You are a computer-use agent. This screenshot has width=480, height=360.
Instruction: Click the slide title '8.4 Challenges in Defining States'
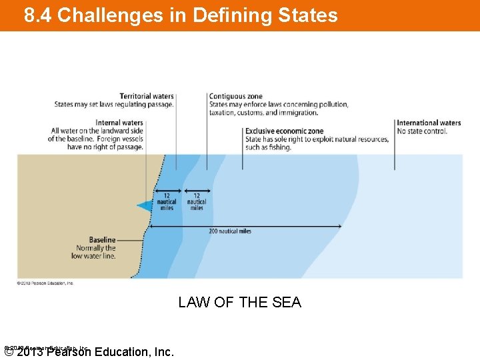pos(181,15)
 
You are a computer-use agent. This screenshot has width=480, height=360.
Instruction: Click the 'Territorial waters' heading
pos(147,97)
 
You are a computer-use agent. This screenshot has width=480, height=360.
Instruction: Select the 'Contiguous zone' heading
pos(235,97)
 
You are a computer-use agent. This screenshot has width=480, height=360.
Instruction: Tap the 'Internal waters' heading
pos(119,123)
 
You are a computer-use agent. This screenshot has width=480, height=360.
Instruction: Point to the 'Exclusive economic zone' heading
pos(284,131)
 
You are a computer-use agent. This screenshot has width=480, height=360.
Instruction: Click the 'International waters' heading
pos(429,123)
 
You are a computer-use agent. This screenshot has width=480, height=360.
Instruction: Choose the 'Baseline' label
pos(102,240)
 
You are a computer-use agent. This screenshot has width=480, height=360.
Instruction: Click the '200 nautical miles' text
pos(230,231)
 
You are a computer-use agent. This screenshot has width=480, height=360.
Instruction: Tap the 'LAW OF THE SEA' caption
pos(239,303)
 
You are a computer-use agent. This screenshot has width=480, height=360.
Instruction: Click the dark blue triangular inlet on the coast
pos(145,206)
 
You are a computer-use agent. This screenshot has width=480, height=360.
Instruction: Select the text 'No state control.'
pos(422,131)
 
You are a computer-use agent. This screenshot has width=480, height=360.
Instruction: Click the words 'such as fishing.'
pos(268,147)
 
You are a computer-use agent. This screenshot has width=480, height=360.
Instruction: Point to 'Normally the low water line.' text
pos(94,252)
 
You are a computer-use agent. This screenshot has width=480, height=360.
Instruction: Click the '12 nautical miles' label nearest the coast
pos(167,202)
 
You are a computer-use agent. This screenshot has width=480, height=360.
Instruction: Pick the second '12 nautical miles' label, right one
pos(197,202)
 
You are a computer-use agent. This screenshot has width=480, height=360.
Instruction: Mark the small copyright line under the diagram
pos(45,283)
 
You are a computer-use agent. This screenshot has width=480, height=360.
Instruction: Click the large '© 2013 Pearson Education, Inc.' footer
pos(89,352)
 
